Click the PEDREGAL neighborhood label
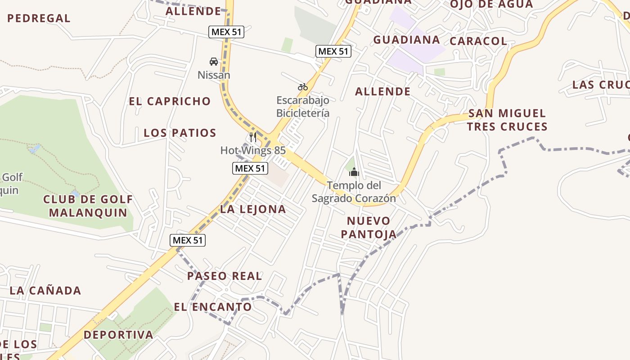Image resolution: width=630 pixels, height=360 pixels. pyautogui.click(x=39, y=18)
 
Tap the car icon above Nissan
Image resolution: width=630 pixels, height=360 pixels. pyautogui.click(x=214, y=62)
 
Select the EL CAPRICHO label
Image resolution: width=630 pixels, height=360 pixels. pyautogui.click(x=170, y=101)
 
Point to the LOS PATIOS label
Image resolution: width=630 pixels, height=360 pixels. pyautogui.click(x=180, y=133)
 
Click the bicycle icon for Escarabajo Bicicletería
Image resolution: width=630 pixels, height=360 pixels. pyautogui.click(x=302, y=87)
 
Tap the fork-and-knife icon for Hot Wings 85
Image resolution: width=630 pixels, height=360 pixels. pyautogui.click(x=253, y=137)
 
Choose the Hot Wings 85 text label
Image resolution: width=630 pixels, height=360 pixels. pyautogui.click(x=253, y=150)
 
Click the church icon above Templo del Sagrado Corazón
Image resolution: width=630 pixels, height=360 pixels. pyautogui.click(x=354, y=172)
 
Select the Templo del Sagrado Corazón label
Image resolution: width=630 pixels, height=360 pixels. pyautogui.click(x=354, y=192)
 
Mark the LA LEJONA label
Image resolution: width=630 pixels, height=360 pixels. pyautogui.click(x=253, y=209)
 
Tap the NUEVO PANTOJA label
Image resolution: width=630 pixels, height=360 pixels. pyautogui.click(x=369, y=227)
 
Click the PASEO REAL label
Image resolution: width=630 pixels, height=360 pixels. pyautogui.click(x=225, y=276)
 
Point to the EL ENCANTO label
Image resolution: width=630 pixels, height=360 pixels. pyautogui.click(x=213, y=307)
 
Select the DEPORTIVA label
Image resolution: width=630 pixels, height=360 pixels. pyautogui.click(x=118, y=335)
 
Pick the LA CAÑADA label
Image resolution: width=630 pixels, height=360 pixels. pyautogui.click(x=45, y=291)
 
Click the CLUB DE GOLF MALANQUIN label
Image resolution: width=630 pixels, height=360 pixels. pyautogui.click(x=88, y=206)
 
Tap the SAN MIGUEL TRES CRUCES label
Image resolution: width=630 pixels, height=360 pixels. pyautogui.click(x=507, y=120)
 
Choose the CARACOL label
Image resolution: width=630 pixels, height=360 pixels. pyautogui.click(x=478, y=41)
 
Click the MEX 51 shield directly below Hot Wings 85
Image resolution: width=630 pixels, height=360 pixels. pyautogui.click(x=250, y=168)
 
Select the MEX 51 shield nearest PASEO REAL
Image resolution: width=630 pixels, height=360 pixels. pyautogui.click(x=188, y=240)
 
